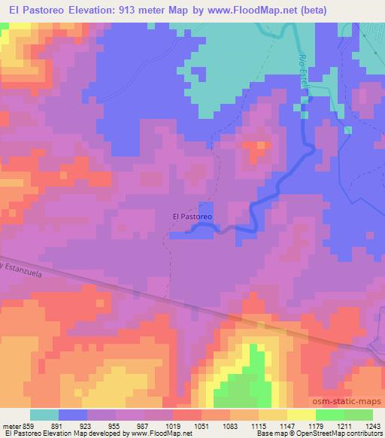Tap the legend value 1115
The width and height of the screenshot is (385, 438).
[x=244, y=425]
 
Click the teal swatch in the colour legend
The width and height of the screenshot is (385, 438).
[x=44, y=415]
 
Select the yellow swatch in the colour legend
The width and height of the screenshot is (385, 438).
[x=302, y=415]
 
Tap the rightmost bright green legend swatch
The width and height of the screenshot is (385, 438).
[x=359, y=415]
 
